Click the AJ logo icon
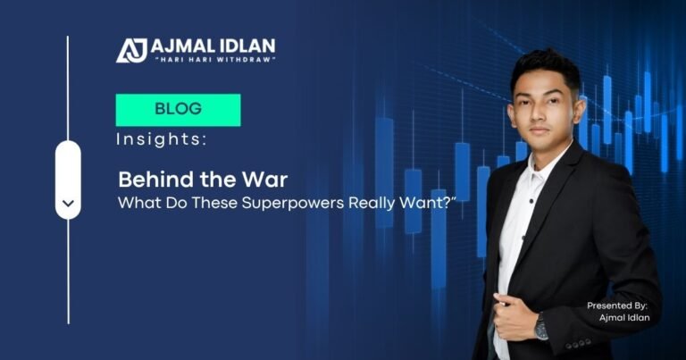[132, 50]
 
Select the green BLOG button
[178, 110]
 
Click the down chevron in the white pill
[68, 205]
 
